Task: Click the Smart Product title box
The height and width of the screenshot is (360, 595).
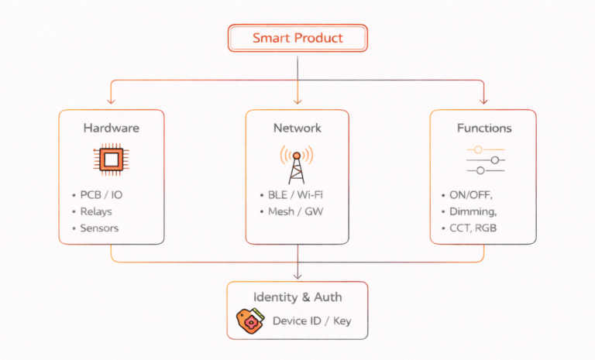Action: [297, 38]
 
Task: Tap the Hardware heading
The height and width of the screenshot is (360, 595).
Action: [112, 128]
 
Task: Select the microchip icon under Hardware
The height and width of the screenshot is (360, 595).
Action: [112, 159]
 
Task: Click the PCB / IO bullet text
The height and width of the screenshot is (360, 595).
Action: [101, 195]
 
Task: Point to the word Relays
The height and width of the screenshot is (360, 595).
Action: [96, 211]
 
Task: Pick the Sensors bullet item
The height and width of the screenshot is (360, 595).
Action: [99, 228]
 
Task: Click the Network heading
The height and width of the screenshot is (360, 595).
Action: [297, 128]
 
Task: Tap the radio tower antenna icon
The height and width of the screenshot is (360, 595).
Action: [297, 165]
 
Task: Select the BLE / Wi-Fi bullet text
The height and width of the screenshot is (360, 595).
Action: [295, 195]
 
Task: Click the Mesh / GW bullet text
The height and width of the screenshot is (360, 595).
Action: [296, 211]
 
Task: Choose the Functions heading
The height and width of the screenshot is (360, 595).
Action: [484, 129]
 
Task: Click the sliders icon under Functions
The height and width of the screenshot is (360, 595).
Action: [486, 160]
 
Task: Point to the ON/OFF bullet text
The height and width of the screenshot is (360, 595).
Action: [471, 195]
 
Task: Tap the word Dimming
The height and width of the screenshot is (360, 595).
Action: [473, 211]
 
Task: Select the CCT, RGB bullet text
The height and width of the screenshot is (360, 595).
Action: [473, 228]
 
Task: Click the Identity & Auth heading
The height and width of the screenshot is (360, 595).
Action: [297, 297]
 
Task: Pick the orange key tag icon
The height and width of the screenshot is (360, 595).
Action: [250, 321]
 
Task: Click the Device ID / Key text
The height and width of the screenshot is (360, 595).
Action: [312, 321]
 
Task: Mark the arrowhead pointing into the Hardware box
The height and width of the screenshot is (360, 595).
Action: [111, 101]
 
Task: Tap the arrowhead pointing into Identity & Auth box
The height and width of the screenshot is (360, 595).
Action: [297, 276]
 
